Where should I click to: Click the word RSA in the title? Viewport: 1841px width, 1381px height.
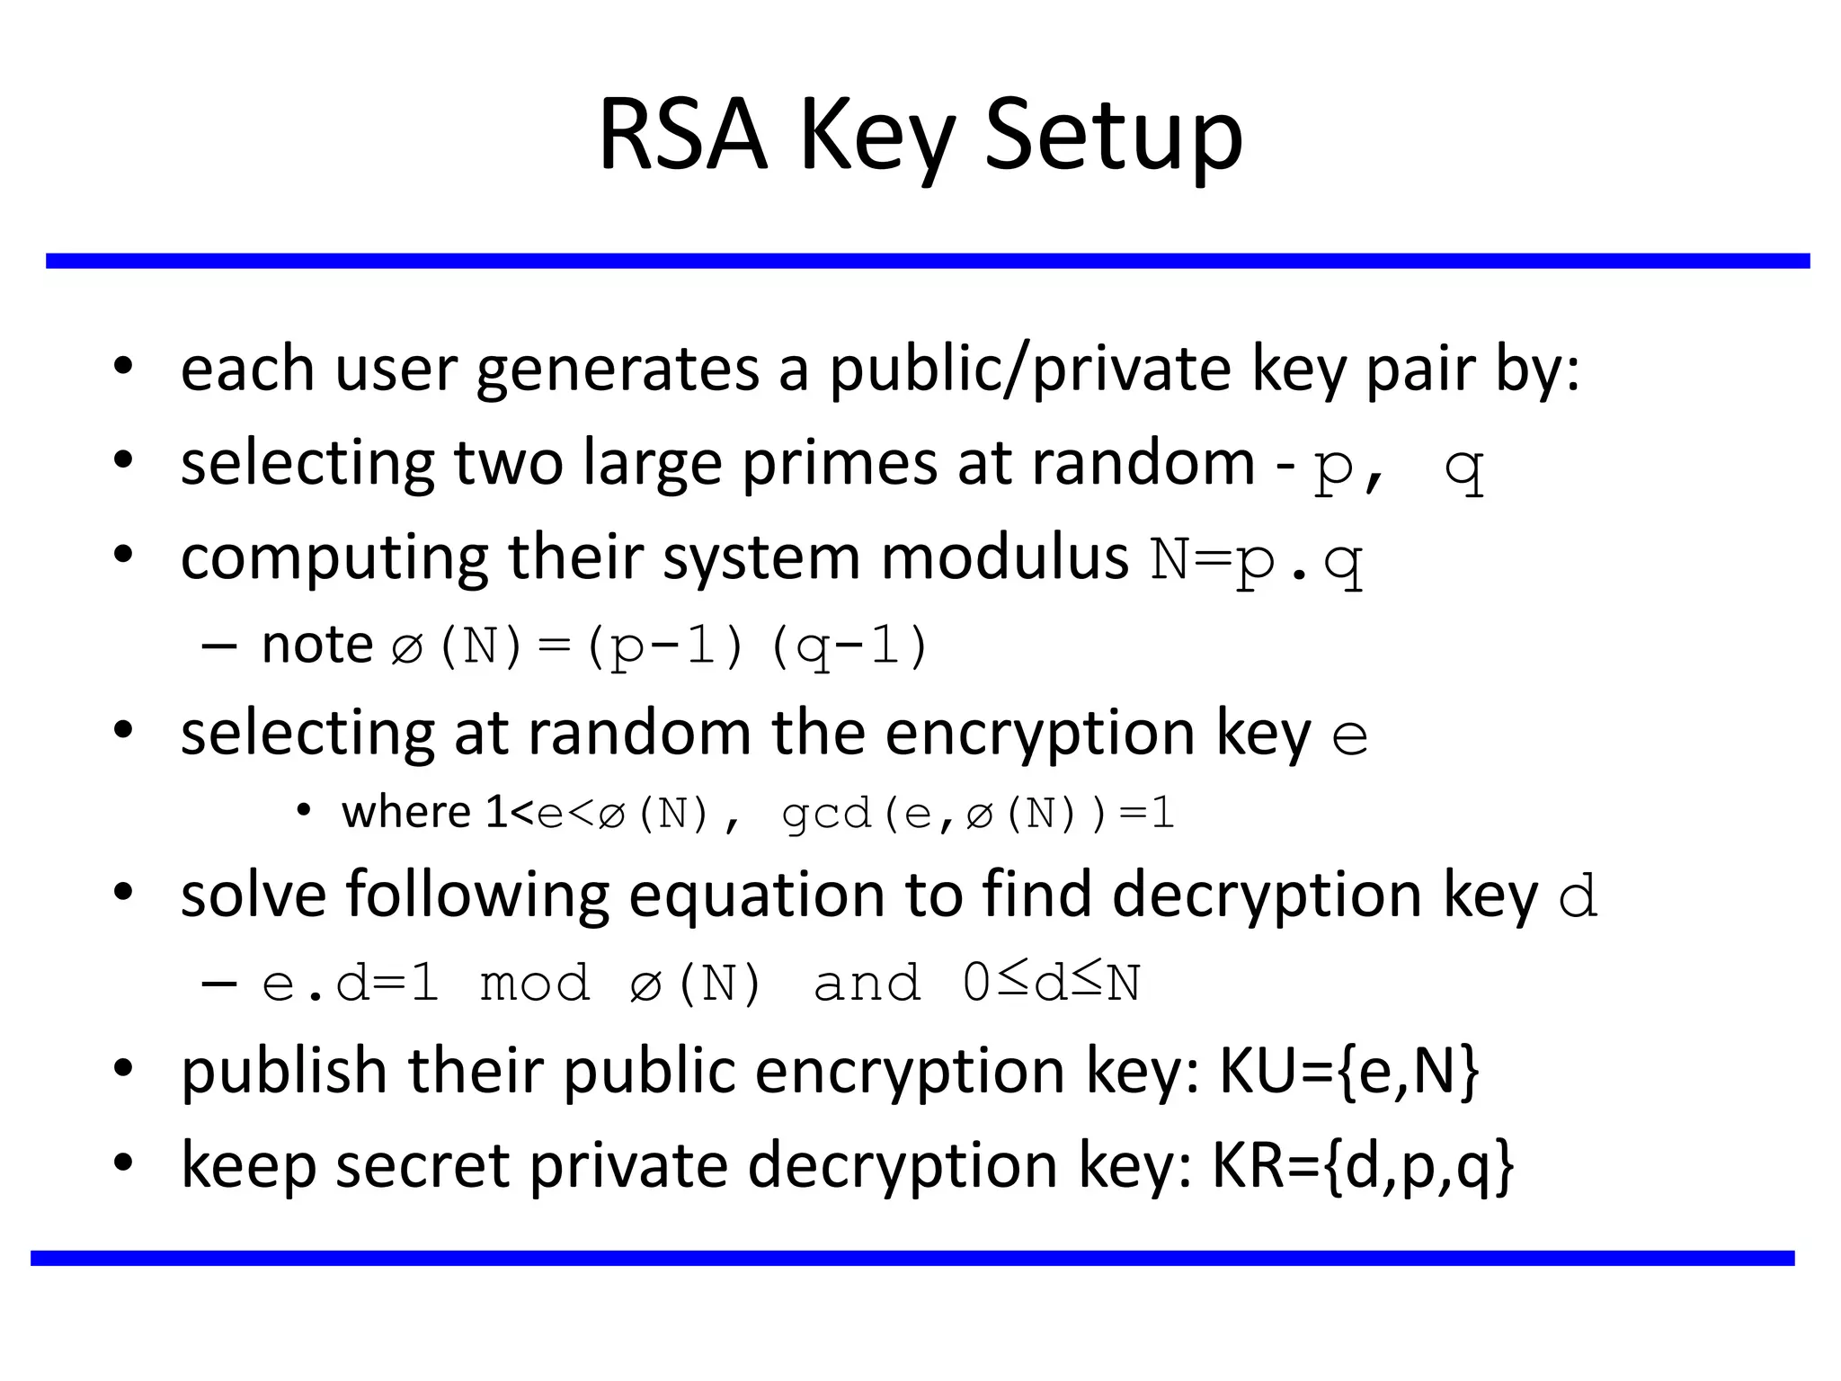point(683,135)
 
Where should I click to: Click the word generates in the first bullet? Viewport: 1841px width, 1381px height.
point(618,370)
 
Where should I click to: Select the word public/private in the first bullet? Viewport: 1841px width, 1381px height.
point(1030,370)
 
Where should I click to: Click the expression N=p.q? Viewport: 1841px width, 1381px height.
point(1257,560)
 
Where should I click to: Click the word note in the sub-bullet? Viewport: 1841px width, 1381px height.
point(316,645)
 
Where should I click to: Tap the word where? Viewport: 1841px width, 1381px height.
point(406,813)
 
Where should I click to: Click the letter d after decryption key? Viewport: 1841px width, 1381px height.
point(1579,897)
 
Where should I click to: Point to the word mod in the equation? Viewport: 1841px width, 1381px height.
point(535,983)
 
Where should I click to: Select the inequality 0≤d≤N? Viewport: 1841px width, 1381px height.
point(1051,983)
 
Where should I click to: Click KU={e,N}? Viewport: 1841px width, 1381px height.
point(1348,1072)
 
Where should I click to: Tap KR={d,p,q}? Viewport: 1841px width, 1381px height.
point(1363,1166)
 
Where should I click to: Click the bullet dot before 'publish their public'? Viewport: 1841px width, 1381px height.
point(123,1069)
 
